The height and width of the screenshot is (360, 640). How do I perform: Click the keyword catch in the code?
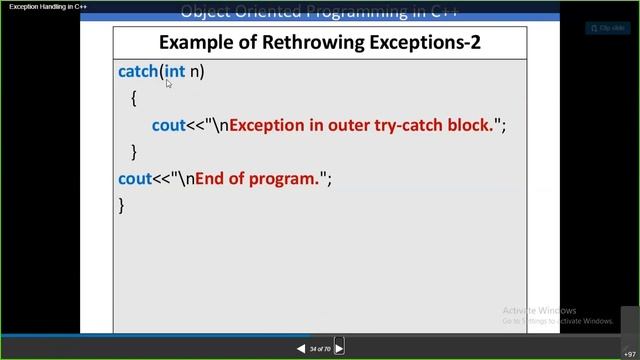coord(138,72)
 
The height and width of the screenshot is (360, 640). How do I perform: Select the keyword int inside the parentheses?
coord(175,72)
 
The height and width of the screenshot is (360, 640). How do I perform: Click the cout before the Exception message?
coord(168,125)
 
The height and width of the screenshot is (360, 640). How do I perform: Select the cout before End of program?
coord(135,178)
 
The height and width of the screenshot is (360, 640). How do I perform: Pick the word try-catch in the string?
coord(411,125)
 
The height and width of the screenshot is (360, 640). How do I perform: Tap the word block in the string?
coord(470,125)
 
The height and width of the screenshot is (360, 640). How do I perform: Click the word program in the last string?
coord(285,178)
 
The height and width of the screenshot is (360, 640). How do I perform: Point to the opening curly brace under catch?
coord(133,99)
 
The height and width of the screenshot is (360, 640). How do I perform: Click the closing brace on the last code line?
coord(122,205)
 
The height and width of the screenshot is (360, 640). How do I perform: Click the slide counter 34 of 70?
coord(320,349)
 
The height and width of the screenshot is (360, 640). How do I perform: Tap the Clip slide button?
coord(608,28)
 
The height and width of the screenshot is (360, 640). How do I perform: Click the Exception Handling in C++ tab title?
coord(48,7)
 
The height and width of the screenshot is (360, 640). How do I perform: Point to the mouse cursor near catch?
coord(169,84)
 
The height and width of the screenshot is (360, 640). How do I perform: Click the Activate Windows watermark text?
coord(539,310)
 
